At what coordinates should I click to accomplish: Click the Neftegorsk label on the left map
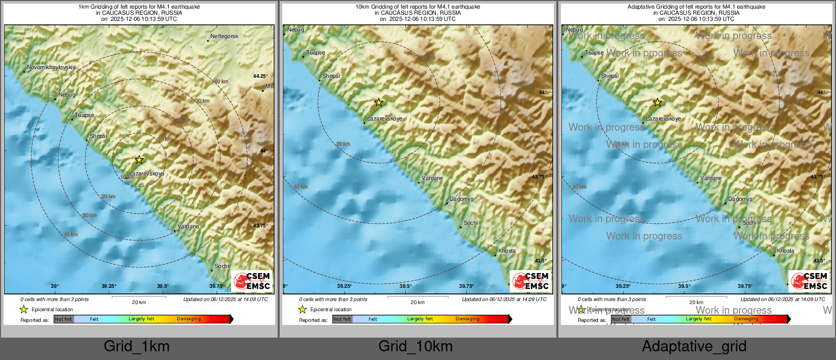point(224,37)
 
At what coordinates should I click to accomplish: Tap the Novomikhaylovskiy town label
point(51,68)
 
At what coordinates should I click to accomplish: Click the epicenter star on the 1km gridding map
point(139,160)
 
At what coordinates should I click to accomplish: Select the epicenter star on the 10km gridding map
point(379,103)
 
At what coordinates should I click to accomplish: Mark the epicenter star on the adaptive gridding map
point(658,103)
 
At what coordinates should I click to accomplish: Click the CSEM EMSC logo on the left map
point(252,281)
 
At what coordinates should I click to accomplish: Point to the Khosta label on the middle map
point(507,251)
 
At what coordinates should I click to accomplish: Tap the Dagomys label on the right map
point(740,199)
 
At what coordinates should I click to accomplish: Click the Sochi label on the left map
point(222,266)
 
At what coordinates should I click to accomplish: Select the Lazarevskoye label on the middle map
point(385,119)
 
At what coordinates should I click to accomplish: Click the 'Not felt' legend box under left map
point(64,319)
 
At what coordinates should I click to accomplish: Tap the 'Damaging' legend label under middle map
point(467,319)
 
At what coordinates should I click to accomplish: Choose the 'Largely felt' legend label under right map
point(699,319)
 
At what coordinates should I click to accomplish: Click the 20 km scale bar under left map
point(139,297)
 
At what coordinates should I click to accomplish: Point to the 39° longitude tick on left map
point(55,286)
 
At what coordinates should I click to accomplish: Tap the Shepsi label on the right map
point(610,76)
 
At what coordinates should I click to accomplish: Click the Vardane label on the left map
point(188,227)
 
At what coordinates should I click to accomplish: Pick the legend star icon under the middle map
point(303,309)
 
